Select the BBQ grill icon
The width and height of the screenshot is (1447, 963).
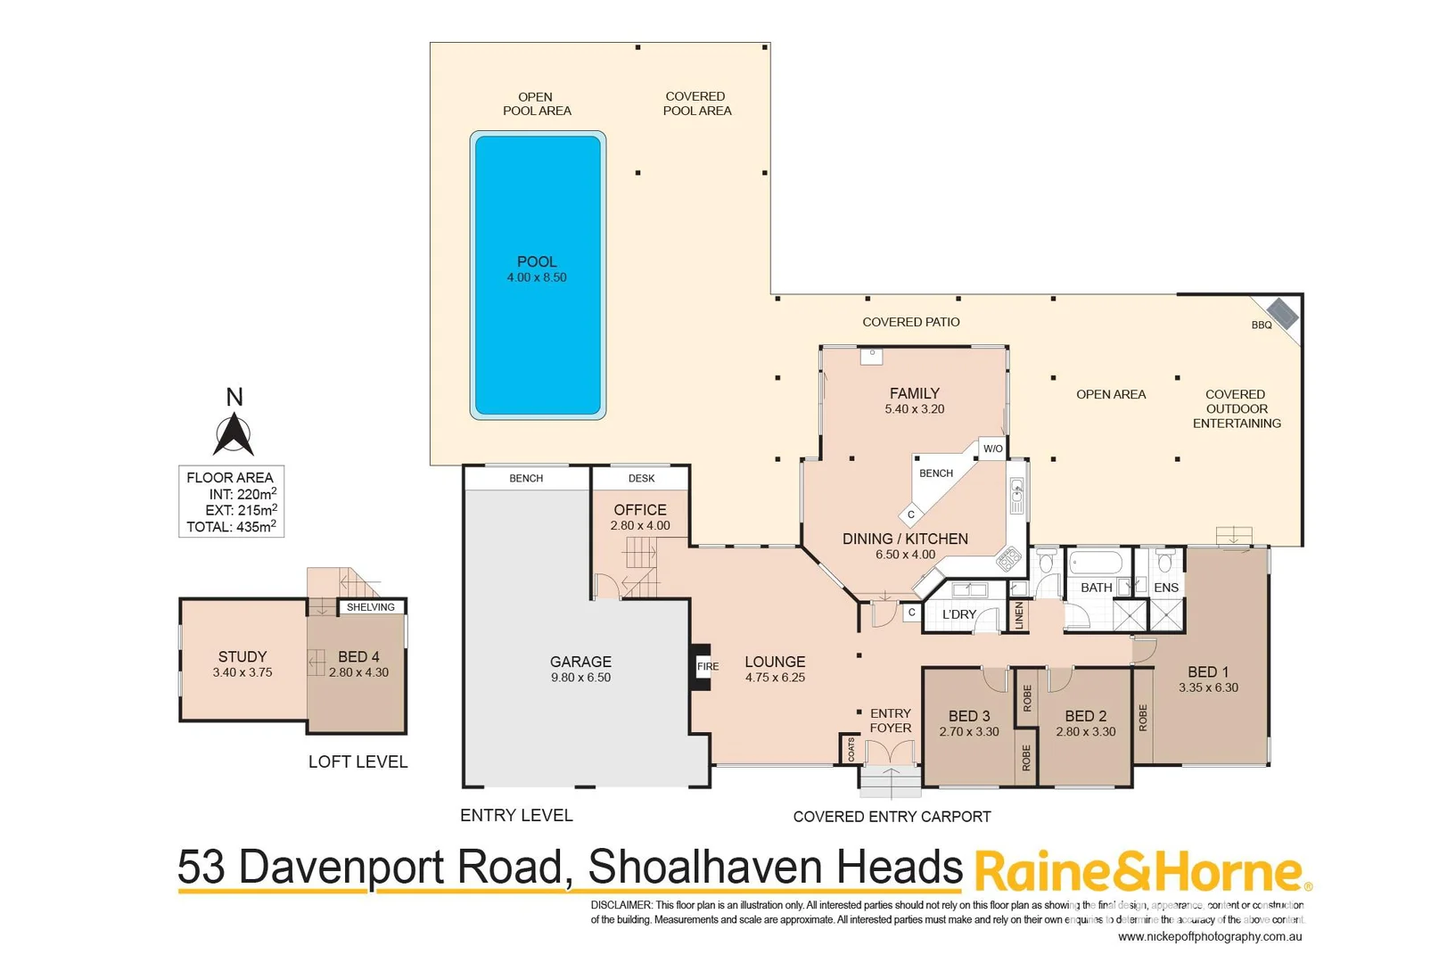pyautogui.click(x=1282, y=313)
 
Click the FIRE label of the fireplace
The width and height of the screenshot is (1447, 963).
pyautogui.click(x=708, y=666)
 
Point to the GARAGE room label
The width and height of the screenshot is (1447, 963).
pyautogui.click(x=580, y=662)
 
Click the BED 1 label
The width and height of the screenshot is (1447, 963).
pyautogui.click(x=1207, y=671)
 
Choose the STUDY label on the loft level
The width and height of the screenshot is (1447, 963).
pyautogui.click(x=243, y=656)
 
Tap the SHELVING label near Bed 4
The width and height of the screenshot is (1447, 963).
pyautogui.click(x=371, y=607)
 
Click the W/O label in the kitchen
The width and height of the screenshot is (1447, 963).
pyautogui.click(x=992, y=449)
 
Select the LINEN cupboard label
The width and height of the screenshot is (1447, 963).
pyautogui.click(x=1019, y=615)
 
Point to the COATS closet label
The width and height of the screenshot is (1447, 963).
pyautogui.click(x=851, y=749)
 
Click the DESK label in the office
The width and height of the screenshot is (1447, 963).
pyautogui.click(x=641, y=479)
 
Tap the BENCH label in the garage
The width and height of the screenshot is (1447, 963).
pyautogui.click(x=526, y=479)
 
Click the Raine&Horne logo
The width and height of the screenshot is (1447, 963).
pyautogui.click(x=1141, y=872)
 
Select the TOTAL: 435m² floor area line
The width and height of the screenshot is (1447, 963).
pyautogui.click(x=231, y=527)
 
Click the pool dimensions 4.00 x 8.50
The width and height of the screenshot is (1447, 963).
pyautogui.click(x=537, y=277)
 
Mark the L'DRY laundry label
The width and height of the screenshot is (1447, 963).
pyautogui.click(x=959, y=614)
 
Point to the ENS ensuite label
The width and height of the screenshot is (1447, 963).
pyautogui.click(x=1166, y=588)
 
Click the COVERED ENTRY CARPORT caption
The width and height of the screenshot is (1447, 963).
pyautogui.click(x=892, y=817)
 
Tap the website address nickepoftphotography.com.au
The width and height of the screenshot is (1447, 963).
pyautogui.click(x=1210, y=936)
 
